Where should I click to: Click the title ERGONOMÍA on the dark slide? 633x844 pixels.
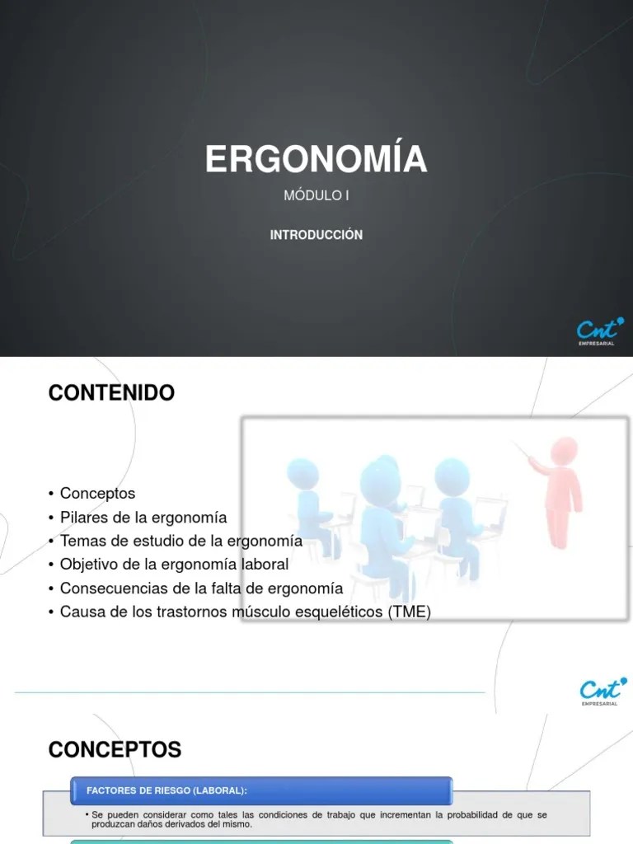tap(316, 159)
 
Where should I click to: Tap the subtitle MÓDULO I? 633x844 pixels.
tap(316, 196)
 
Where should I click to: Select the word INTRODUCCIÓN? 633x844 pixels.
tap(316, 235)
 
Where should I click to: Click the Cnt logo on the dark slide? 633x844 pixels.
tap(600, 328)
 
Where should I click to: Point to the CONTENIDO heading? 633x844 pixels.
tap(111, 393)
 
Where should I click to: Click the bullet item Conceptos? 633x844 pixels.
tap(97, 493)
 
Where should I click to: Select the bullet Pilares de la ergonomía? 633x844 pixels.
tap(143, 517)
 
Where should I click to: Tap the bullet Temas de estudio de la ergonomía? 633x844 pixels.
tap(181, 541)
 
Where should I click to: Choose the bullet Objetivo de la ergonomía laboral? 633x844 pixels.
tap(174, 565)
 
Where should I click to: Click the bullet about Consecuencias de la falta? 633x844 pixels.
tap(201, 588)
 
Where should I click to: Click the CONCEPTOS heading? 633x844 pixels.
tap(115, 749)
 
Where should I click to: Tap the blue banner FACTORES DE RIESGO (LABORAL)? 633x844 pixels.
tap(261, 790)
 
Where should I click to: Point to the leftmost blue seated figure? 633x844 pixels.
tap(309, 503)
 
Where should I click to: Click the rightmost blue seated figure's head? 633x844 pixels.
tap(452, 476)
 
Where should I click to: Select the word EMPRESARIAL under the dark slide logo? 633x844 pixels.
tap(601, 345)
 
